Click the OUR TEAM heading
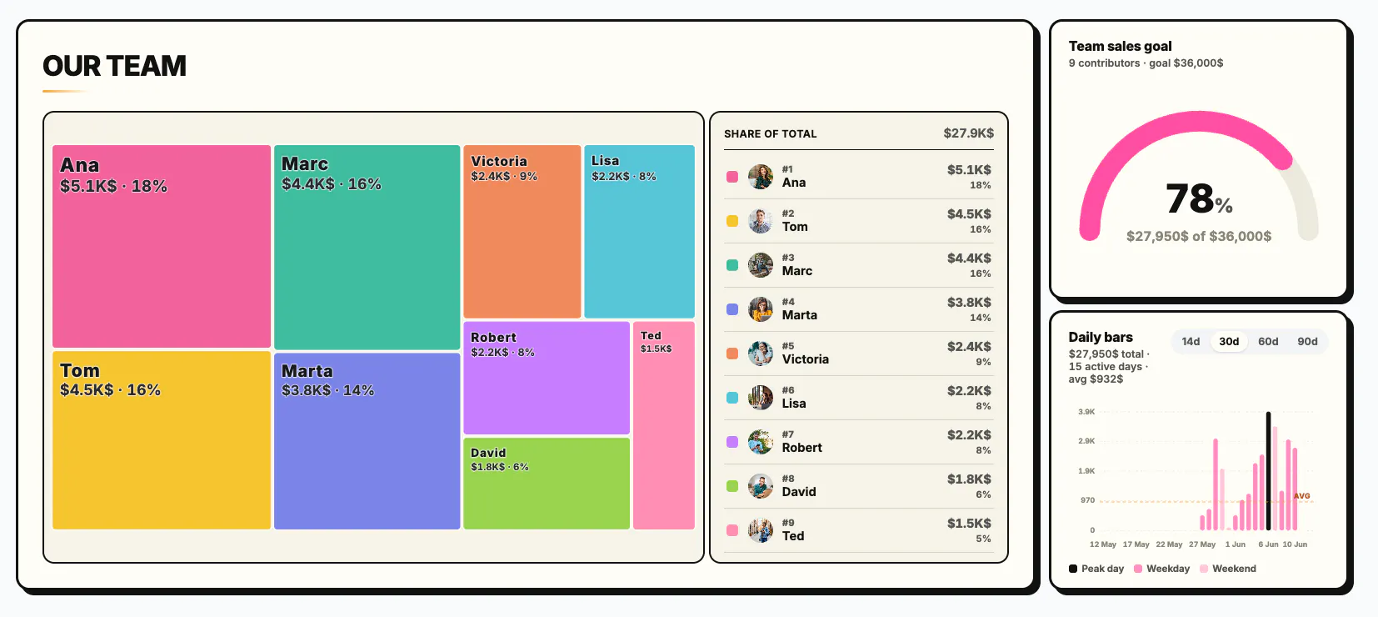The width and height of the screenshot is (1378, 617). click(114, 66)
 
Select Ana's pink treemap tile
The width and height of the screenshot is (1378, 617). click(161, 246)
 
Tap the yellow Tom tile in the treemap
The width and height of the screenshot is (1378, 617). click(161, 440)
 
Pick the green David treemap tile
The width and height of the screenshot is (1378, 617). click(547, 484)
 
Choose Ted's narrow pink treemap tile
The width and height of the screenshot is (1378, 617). click(664, 425)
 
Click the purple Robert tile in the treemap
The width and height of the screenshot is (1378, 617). click(547, 378)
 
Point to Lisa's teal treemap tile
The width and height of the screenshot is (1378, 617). click(639, 232)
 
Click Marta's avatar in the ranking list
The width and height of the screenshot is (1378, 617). click(761, 309)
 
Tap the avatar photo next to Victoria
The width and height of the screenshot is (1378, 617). click(761, 354)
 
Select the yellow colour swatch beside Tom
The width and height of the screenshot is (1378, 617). click(732, 221)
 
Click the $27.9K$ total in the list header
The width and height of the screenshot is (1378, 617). click(968, 133)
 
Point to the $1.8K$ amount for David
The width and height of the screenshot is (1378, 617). click(969, 479)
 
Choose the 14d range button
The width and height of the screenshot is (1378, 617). click(1191, 341)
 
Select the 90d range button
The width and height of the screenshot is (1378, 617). click(1307, 341)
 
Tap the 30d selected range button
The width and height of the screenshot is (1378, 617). click(1229, 341)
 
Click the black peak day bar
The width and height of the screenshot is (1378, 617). click(1269, 471)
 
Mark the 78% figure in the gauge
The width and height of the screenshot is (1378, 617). click(1199, 199)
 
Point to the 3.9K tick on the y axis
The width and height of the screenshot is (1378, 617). click(1086, 411)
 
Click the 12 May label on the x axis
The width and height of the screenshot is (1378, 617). click(1102, 544)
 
